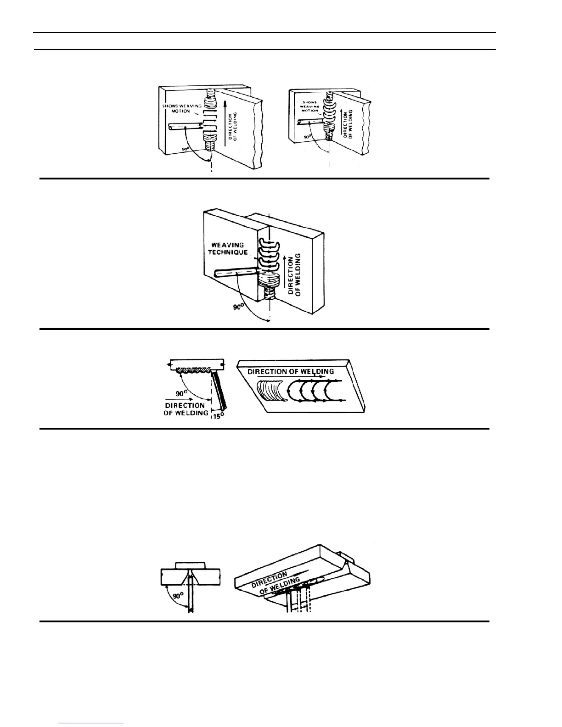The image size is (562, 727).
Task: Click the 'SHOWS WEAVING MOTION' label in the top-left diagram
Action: (x=183, y=108)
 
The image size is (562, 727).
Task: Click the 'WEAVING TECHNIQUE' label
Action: (x=232, y=248)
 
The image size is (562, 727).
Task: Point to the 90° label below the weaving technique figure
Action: (x=237, y=307)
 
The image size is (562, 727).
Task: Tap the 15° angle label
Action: (x=218, y=417)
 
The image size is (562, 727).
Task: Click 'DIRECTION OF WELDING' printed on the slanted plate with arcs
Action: (x=291, y=371)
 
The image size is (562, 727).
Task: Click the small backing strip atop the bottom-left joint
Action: (x=191, y=564)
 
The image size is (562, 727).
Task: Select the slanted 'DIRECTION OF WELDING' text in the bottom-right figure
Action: (x=275, y=583)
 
